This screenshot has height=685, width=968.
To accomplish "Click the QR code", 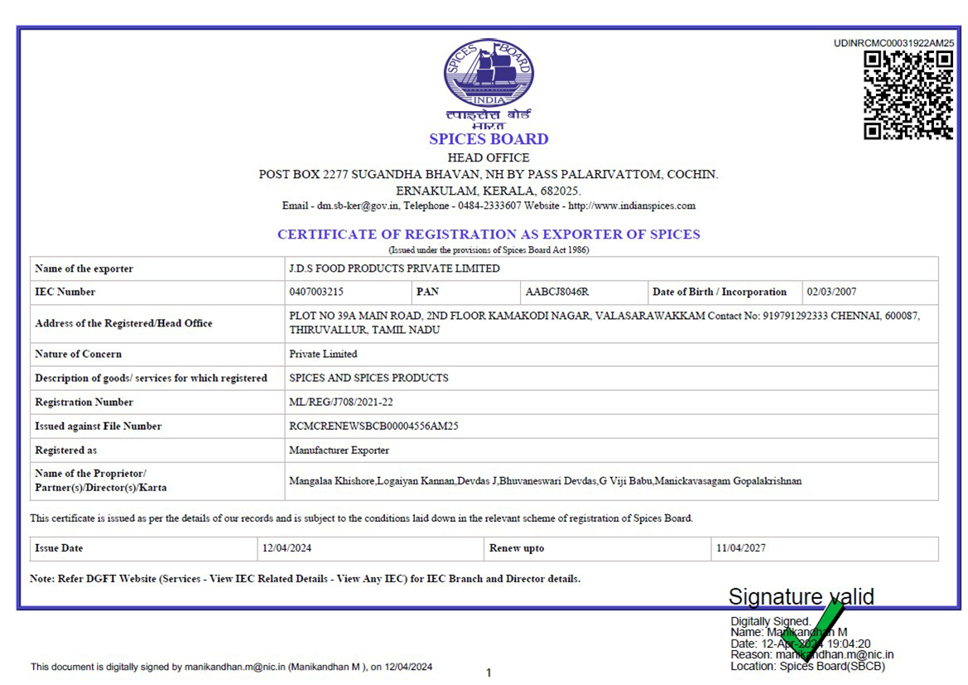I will tap(908, 95).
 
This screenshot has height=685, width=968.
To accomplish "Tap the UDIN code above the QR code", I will tap(893, 43).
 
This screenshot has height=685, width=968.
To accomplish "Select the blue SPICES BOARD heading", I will tap(489, 139).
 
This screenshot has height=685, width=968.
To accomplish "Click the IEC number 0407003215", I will tap(316, 292).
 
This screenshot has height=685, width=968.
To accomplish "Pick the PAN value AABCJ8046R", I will tap(557, 292).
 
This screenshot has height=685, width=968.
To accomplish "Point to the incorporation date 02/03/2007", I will tap(831, 292).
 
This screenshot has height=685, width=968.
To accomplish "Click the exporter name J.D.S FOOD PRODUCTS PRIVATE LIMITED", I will tap(394, 269).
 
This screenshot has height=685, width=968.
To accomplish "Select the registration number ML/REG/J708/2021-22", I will tap(341, 403).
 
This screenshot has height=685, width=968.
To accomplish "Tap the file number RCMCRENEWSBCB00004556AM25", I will tap(373, 427).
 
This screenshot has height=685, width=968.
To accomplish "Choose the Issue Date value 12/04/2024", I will tap(287, 548).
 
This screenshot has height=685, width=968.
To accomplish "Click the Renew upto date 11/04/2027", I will tap(740, 548).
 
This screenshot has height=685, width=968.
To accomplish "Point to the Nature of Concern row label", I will tap(78, 355).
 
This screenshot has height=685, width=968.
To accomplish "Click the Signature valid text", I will tap(801, 596).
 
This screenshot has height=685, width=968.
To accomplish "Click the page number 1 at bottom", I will tap(489, 673).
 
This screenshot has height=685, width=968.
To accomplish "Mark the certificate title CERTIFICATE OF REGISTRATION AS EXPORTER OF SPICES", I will tap(489, 234).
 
